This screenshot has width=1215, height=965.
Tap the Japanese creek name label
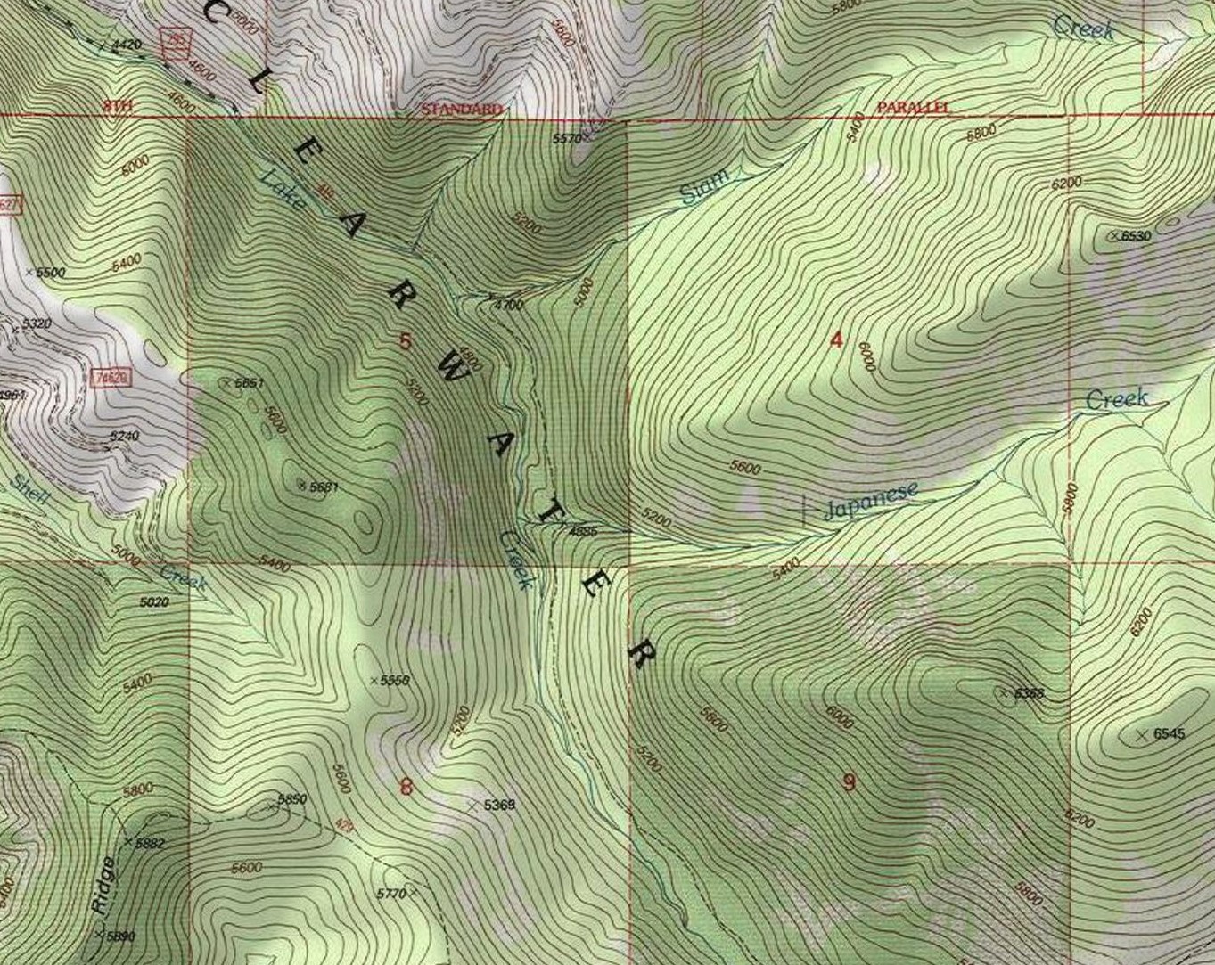point(869,501)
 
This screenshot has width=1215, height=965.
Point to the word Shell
point(31,490)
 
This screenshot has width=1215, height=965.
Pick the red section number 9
point(849,782)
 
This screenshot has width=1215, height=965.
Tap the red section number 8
point(406,786)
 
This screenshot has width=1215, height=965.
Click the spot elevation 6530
point(1135,236)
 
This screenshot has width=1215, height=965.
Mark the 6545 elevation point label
point(1169,734)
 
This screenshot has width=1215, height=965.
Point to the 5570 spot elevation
point(567,139)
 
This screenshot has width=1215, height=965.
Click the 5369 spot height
point(499,805)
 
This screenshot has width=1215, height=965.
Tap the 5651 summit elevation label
point(249,383)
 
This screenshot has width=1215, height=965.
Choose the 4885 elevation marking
point(582,531)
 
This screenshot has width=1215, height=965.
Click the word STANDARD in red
point(461,109)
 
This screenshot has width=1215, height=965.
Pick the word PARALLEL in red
point(913,107)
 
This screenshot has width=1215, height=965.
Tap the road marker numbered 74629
point(110,378)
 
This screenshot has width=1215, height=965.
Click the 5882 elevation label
point(149,843)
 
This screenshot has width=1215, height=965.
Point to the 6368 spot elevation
point(1029,693)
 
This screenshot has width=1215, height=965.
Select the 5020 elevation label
point(154,602)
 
